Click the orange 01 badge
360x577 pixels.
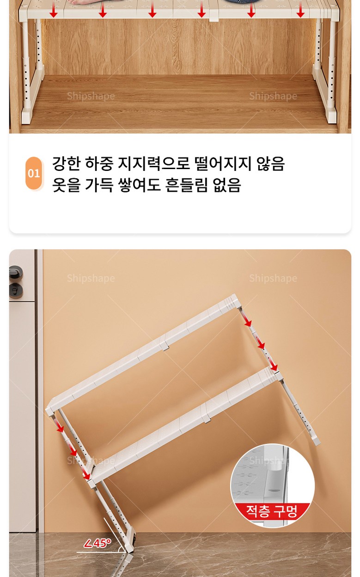pyautogui.click(x=34, y=173)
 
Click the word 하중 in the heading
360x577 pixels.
pyautogui.click(x=99, y=164)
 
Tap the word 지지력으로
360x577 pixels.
pyautogui.click(x=154, y=164)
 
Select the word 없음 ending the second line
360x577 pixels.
pyautogui.click(x=227, y=185)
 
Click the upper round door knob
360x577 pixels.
pyautogui.click(x=15, y=273)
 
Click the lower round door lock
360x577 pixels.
pyautogui.click(x=16, y=291)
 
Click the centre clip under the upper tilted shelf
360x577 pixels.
pyautogui.click(x=166, y=346)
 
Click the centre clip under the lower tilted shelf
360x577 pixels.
pyautogui.click(x=207, y=419)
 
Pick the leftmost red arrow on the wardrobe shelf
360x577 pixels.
pyautogui.click(x=54, y=11)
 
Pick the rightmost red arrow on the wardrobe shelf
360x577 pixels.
pyautogui.click(x=300, y=11)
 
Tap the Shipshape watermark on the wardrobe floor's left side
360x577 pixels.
pyautogui.click(x=91, y=96)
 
